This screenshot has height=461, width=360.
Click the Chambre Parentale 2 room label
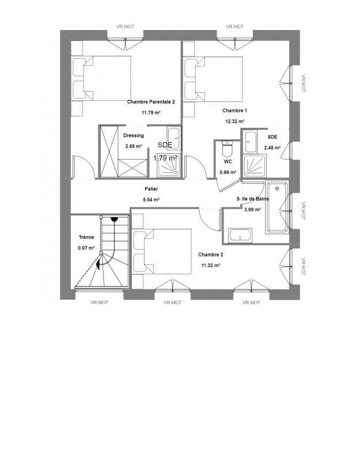[x=150, y=101]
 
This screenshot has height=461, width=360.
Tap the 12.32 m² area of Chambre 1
[x=234, y=122]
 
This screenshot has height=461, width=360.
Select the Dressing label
[x=134, y=136]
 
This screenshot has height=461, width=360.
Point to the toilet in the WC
[x=227, y=150]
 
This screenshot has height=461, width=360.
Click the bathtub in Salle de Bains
[x=277, y=207]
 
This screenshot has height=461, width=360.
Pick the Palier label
[x=151, y=189]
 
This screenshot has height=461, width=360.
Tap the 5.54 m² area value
[x=151, y=199]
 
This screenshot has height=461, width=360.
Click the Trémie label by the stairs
[x=86, y=237]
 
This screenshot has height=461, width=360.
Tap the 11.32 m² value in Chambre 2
[x=210, y=266]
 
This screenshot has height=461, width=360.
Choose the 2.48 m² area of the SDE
[x=272, y=148]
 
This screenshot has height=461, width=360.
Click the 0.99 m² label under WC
[x=227, y=172]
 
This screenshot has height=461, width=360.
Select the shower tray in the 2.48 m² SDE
[x=253, y=166]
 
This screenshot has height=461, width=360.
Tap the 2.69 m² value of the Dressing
[x=133, y=146]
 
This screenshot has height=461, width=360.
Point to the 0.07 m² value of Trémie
[x=86, y=248]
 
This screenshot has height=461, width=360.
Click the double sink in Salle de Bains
[x=240, y=235]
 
